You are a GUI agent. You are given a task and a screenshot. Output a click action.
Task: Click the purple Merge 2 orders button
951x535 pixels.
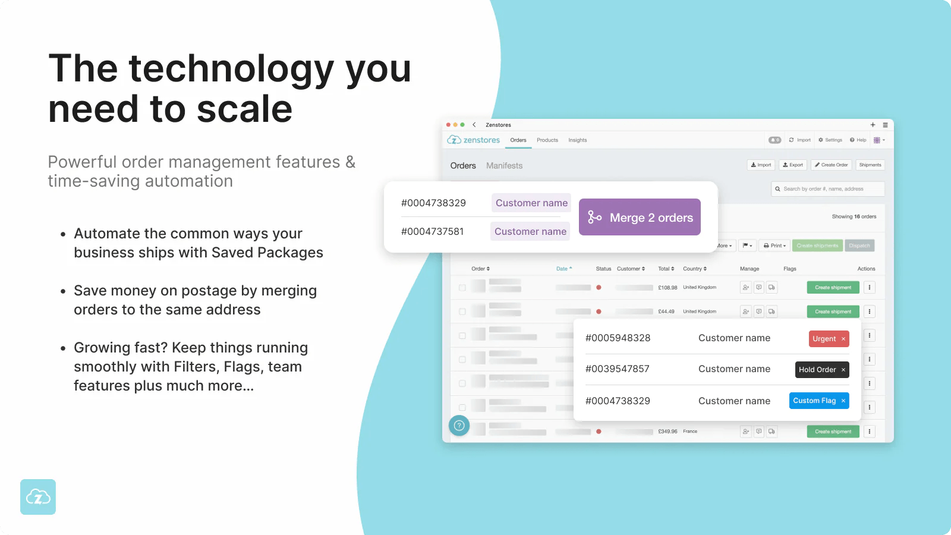click(640, 217)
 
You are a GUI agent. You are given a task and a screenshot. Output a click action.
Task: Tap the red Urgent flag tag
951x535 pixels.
click(829, 339)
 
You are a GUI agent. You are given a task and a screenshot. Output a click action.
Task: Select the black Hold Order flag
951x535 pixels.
click(821, 370)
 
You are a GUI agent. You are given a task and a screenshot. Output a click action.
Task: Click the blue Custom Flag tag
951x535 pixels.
click(818, 401)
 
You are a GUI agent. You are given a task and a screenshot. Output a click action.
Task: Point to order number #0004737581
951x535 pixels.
click(432, 232)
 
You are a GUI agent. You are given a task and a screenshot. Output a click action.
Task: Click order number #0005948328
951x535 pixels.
click(618, 338)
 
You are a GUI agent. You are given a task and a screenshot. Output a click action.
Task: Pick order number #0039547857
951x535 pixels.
click(617, 369)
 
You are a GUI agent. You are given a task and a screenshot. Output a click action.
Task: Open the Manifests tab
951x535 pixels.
click(504, 166)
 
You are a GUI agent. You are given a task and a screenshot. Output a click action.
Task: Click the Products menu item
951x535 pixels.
click(547, 140)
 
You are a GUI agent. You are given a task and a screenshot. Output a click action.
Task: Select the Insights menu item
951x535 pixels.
click(577, 140)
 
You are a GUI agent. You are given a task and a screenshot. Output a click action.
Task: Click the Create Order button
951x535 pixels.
click(831, 165)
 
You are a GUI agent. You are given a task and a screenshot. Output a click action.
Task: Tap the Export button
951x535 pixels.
click(793, 165)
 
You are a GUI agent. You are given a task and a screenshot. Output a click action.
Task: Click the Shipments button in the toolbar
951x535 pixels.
click(870, 165)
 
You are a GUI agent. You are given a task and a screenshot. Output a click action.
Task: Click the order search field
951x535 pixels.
click(827, 189)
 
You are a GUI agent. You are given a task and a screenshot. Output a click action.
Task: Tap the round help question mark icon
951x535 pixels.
click(459, 426)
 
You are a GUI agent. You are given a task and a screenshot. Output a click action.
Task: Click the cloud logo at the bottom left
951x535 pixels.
click(38, 497)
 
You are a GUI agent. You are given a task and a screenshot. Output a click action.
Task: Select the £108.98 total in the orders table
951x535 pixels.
click(667, 288)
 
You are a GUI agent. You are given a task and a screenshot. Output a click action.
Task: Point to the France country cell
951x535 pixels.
click(690, 432)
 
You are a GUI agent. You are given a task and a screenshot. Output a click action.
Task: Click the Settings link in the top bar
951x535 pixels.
click(830, 140)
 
